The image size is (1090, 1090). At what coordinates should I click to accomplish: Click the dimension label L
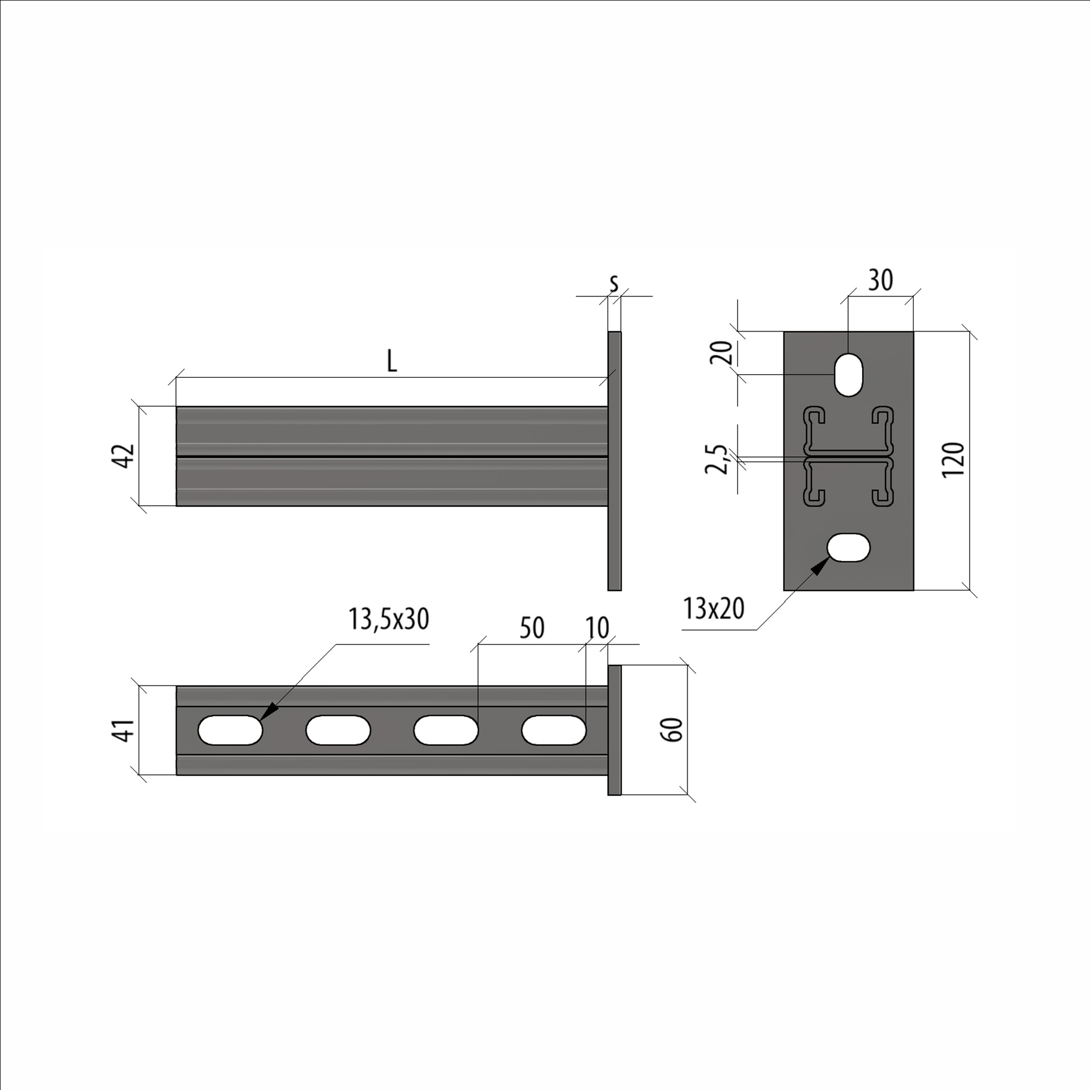click(392, 361)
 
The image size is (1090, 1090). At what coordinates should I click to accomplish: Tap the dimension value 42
click(122, 456)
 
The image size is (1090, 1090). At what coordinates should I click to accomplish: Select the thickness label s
click(614, 283)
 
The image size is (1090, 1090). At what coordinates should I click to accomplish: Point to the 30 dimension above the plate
click(880, 280)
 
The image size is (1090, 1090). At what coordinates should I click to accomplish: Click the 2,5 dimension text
click(716, 459)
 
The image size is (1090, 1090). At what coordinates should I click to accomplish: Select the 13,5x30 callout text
click(389, 619)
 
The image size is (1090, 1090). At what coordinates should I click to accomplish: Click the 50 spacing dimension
click(532, 628)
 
